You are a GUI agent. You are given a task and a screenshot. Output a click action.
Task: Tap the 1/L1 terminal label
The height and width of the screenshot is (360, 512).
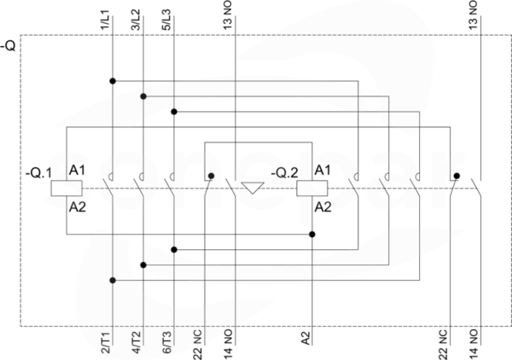click(x=106, y=20)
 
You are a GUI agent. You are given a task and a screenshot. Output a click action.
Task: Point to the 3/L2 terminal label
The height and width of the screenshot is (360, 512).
click(x=136, y=20)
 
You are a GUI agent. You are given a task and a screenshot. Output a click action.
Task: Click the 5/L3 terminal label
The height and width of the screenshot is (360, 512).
click(x=166, y=20)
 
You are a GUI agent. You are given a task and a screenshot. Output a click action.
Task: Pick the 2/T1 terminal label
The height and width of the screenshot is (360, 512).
click(x=106, y=342)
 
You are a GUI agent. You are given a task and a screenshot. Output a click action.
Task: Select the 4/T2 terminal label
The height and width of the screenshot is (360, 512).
click(x=137, y=342)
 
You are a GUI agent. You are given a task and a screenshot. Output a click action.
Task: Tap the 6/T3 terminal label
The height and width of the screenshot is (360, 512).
click(x=167, y=342)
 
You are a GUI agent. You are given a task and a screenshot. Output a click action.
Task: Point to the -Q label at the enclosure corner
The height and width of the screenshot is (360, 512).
click(x=8, y=46)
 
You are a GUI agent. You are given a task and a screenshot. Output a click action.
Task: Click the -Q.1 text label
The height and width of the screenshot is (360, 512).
click(x=38, y=173)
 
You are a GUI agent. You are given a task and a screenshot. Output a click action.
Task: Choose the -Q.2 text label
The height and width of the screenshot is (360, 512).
click(x=284, y=173)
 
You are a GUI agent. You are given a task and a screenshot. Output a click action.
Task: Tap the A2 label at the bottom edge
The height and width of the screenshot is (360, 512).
click(x=305, y=338)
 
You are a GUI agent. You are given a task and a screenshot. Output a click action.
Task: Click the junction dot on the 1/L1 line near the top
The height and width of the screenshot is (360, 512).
click(x=113, y=81)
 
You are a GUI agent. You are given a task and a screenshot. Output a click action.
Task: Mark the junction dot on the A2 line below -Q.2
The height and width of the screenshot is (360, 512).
click(x=312, y=235)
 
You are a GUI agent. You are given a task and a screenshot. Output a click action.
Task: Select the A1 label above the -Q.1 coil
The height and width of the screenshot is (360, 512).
click(x=77, y=171)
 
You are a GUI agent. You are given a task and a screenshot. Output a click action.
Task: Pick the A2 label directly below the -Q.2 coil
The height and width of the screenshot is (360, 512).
click(x=323, y=207)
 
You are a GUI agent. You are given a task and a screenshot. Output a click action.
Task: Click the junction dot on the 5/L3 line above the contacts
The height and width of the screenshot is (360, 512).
click(x=174, y=112)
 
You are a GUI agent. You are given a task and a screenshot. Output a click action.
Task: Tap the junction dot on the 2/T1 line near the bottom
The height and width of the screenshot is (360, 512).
click(x=113, y=281)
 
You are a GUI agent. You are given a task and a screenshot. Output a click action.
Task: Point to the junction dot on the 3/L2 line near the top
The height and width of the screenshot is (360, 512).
click(x=143, y=96)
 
